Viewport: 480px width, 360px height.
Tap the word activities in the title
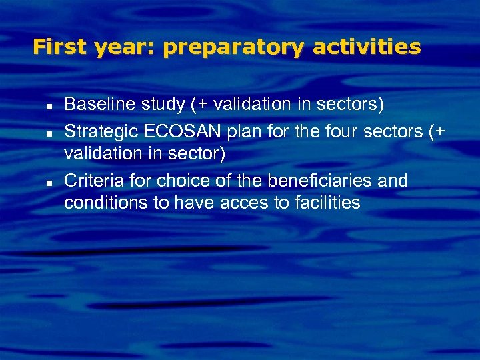(x=367, y=47)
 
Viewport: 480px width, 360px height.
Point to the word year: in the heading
(x=127, y=47)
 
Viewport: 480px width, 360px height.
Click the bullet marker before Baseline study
(x=49, y=105)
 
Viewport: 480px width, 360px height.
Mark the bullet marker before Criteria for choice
(x=49, y=182)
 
